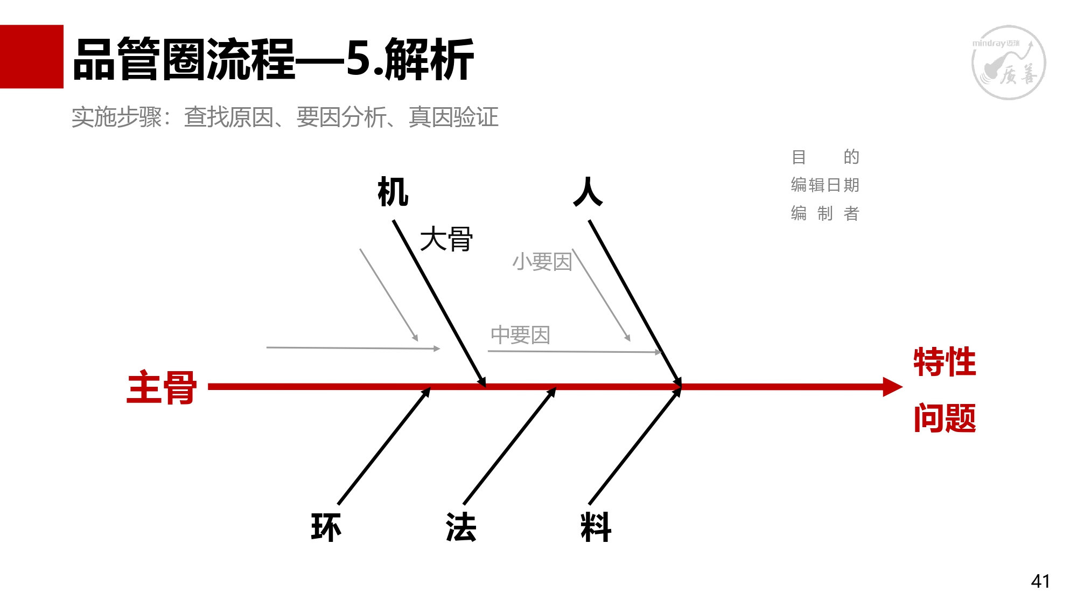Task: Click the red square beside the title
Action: coord(31,57)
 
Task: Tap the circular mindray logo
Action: coord(1008,62)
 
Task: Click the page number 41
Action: coord(1040,581)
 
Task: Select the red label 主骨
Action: coord(162,387)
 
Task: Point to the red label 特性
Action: coord(945,361)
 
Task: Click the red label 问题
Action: coord(945,418)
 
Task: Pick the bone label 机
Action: coord(393,192)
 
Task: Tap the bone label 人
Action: coord(588,192)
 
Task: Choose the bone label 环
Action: coord(326,527)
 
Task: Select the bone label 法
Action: coord(461,527)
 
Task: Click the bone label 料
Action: coord(596,527)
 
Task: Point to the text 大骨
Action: coord(446,239)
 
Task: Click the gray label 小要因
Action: coord(542,262)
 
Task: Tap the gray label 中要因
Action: coord(520,335)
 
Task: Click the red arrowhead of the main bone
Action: coord(892,387)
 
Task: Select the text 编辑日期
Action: coord(825,185)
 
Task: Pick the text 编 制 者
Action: coord(825,213)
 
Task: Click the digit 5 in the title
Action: coord(358,59)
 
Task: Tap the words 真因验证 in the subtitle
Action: coord(453,117)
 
